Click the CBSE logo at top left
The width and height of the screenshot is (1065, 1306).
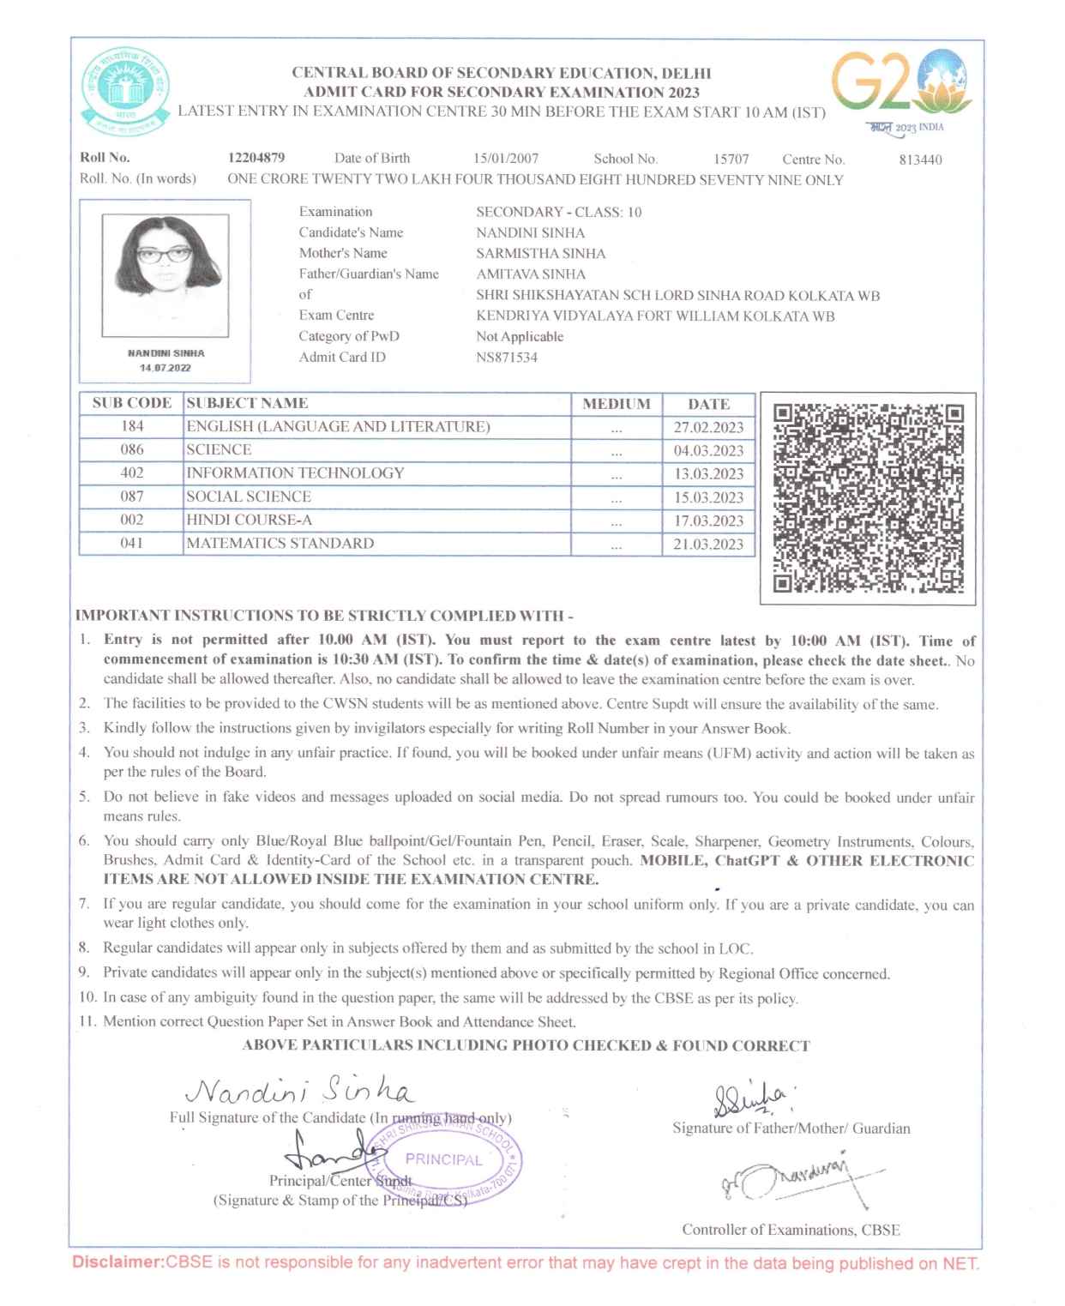click(x=126, y=92)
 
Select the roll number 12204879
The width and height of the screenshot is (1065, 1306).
click(x=256, y=158)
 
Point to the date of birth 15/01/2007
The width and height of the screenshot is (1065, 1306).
click(x=506, y=159)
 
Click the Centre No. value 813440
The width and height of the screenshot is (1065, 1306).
click(x=920, y=159)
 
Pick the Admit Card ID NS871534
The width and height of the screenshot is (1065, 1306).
click(x=507, y=358)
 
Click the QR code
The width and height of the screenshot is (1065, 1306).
click(x=868, y=498)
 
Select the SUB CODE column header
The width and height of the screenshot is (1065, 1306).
click(x=132, y=403)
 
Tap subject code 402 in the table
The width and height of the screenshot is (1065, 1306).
click(x=132, y=472)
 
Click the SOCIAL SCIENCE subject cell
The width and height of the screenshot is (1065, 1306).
click(x=249, y=497)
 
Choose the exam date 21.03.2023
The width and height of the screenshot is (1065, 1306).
click(x=708, y=544)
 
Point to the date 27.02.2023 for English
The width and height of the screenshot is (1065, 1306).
click(x=708, y=427)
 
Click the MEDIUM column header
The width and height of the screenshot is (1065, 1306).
click(x=616, y=404)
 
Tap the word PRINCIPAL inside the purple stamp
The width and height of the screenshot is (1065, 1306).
click(x=443, y=1159)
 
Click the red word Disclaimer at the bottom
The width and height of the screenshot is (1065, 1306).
click(x=117, y=1262)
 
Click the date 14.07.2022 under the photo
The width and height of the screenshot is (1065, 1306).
click(x=165, y=368)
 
